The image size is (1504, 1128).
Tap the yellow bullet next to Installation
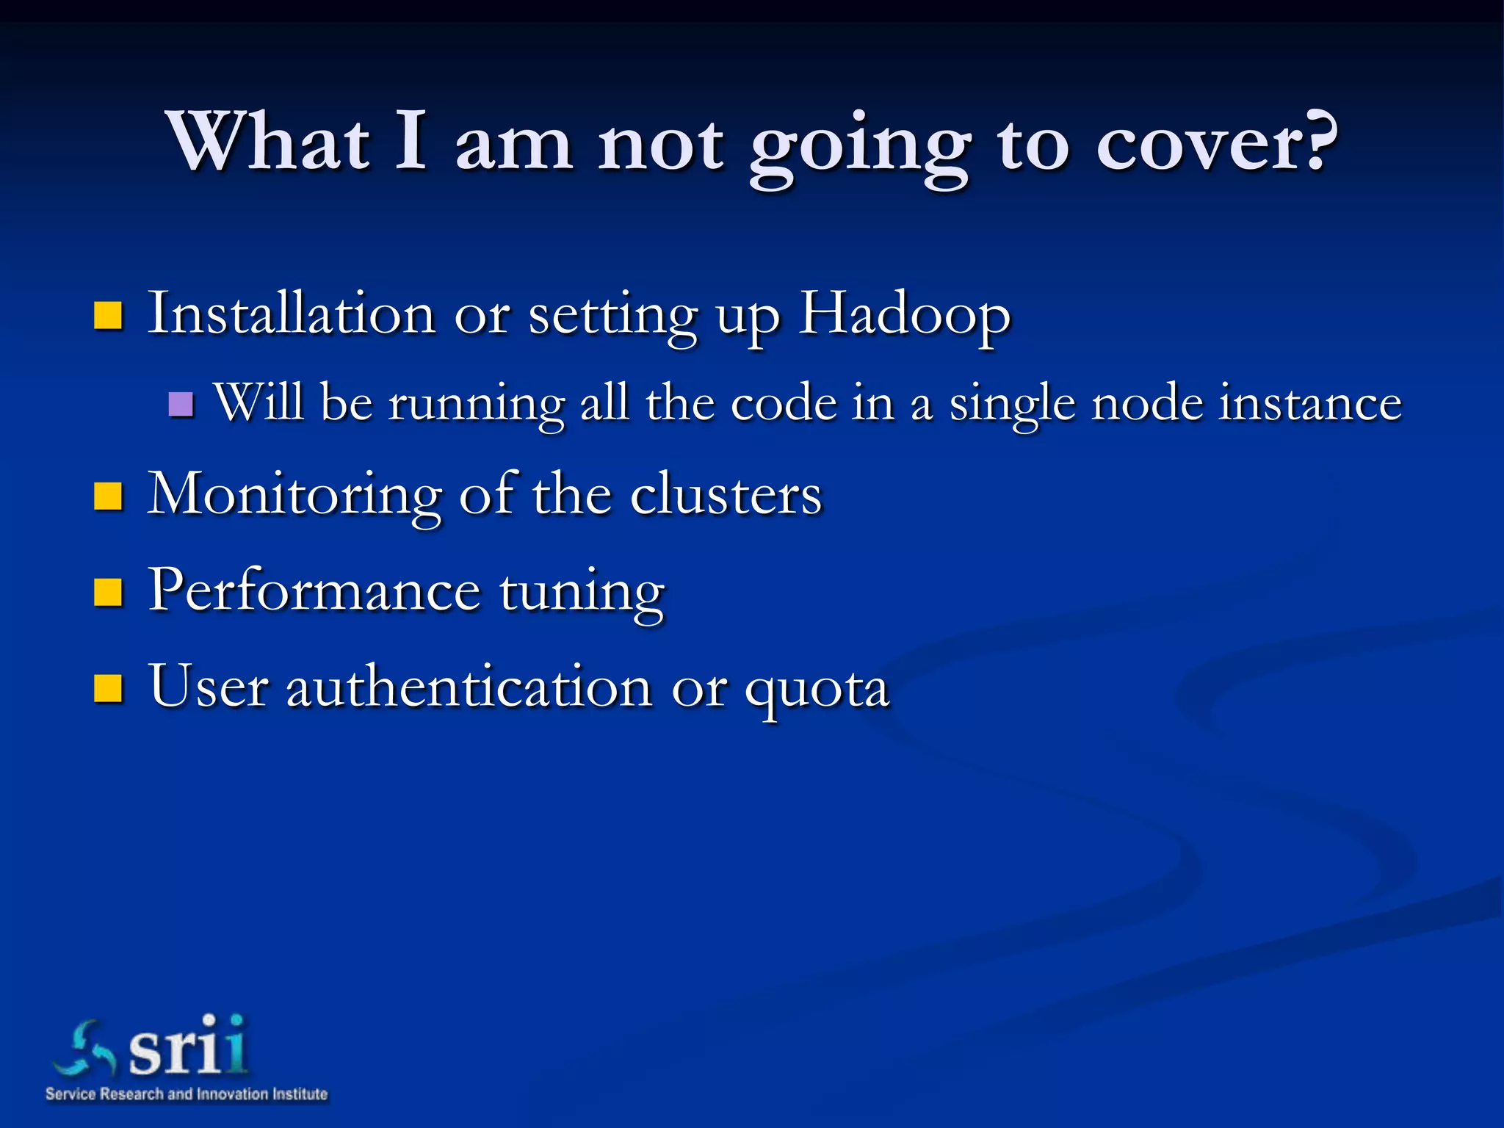pos(108,316)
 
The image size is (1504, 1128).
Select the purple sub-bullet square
pos(181,404)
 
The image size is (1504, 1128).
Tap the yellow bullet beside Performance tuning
pos(108,592)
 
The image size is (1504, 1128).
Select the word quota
pos(817,690)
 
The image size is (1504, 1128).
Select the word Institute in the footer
pos(300,1094)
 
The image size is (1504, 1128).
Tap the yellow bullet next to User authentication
pos(108,689)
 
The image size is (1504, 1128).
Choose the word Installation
pos(292,314)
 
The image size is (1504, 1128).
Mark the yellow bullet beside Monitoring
pos(108,496)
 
